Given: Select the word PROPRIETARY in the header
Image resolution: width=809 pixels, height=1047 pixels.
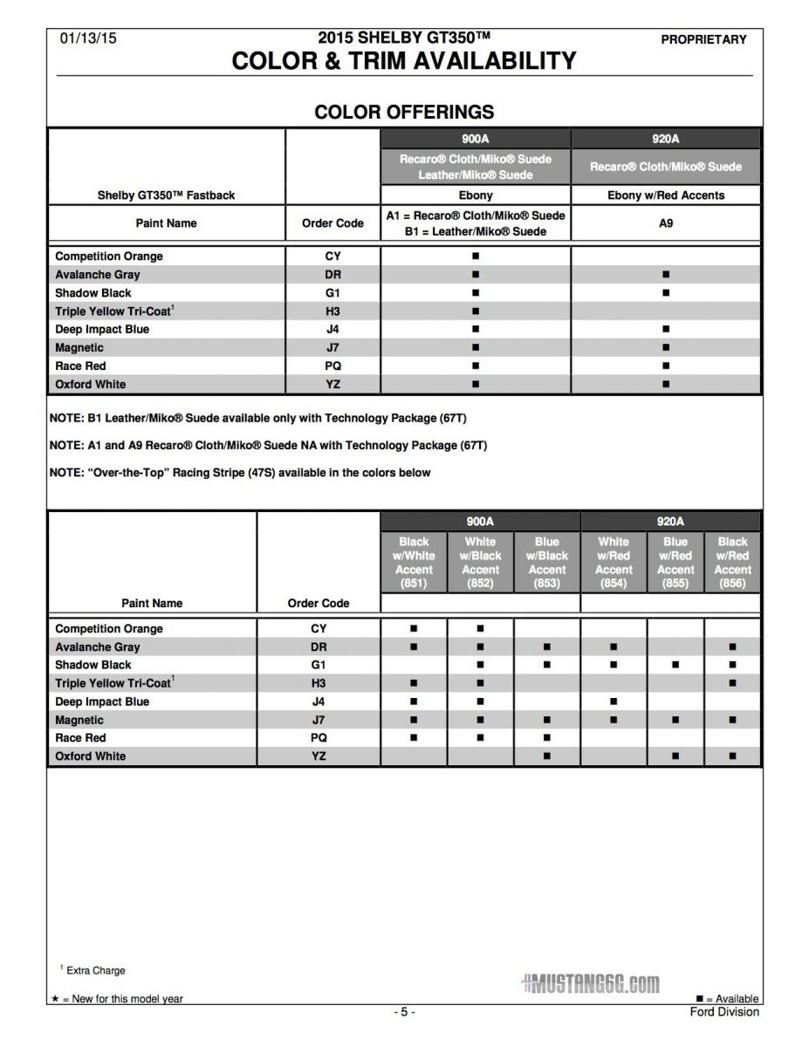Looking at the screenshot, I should (x=703, y=39).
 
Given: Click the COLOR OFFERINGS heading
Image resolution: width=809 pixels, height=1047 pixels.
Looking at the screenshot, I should (x=404, y=112).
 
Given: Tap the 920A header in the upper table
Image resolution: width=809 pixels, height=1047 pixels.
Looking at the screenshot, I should (x=666, y=139).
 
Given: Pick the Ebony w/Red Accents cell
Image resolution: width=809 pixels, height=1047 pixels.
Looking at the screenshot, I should (x=666, y=195).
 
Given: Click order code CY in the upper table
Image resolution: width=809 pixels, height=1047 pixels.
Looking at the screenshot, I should (x=333, y=257).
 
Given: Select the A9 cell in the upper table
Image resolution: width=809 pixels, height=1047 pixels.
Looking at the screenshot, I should (x=666, y=223).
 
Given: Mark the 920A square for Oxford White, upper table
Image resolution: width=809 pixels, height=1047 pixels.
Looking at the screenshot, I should (x=666, y=384).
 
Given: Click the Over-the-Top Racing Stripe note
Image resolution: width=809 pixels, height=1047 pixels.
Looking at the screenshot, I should (x=240, y=473).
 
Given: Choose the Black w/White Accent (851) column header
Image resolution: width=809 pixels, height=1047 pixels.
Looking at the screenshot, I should (x=414, y=563).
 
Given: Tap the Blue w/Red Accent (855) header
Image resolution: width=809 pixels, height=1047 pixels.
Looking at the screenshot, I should (x=675, y=563).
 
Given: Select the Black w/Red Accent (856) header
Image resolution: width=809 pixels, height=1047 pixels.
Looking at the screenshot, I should (x=732, y=563).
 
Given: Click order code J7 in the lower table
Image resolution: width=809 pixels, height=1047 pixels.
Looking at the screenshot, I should (x=319, y=720).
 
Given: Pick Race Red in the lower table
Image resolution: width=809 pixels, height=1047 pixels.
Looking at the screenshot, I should (x=80, y=738).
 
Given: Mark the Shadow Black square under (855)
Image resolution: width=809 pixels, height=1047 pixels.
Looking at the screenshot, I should (x=675, y=665).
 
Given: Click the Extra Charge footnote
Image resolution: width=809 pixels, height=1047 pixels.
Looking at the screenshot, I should (x=94, y=970).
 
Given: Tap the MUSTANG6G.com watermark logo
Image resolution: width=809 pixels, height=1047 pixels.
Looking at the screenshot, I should (x=590, y=984).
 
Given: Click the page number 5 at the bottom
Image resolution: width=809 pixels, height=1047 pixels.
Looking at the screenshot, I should (x=403, y=1012).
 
